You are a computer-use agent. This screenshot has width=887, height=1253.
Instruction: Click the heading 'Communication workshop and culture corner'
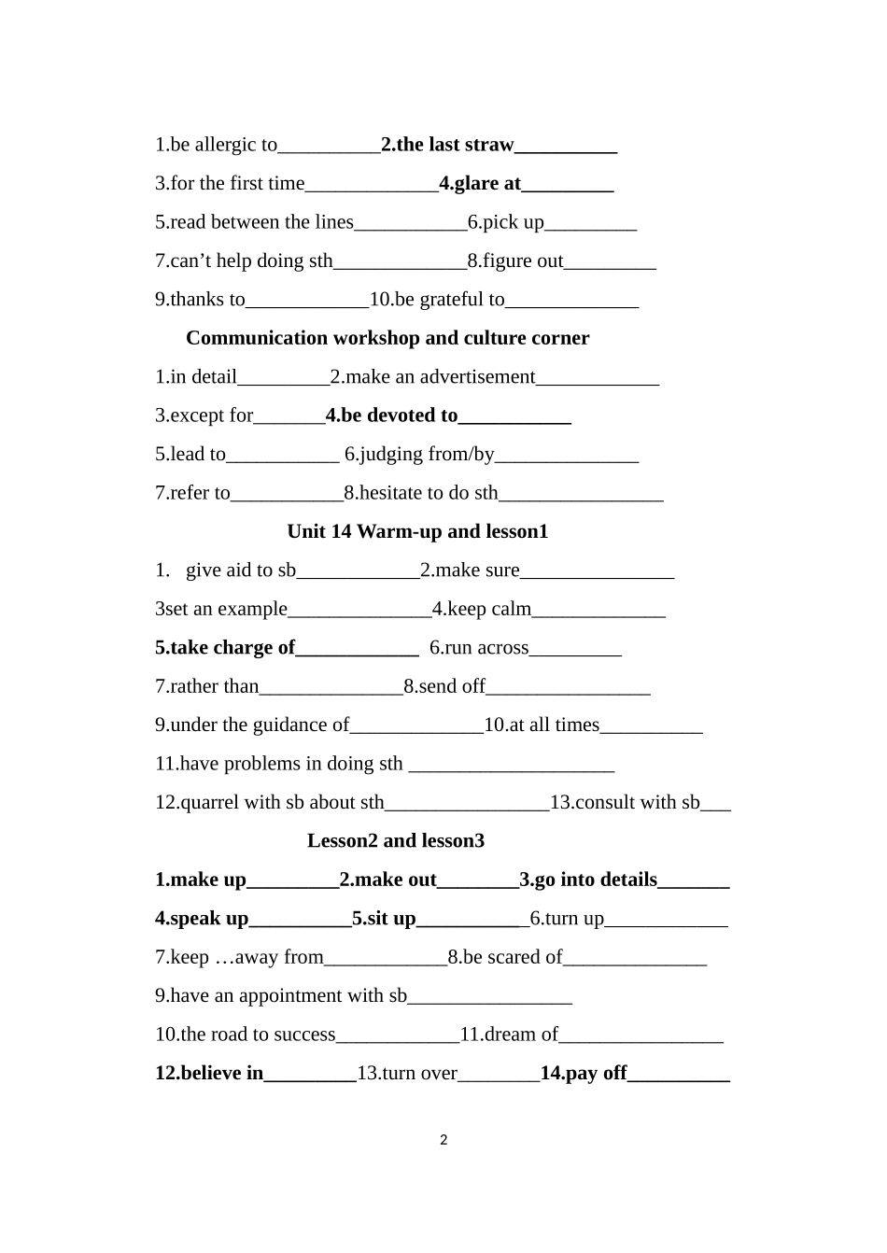coord(387,338)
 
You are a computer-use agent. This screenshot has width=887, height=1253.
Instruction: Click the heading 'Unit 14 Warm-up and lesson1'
coord(417,531)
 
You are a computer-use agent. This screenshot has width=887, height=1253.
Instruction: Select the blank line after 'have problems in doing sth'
coord(512,766)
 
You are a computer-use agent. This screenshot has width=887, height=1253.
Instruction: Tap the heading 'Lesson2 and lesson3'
coord(396,841)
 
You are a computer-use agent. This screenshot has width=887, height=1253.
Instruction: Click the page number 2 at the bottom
coord(443,1140)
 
